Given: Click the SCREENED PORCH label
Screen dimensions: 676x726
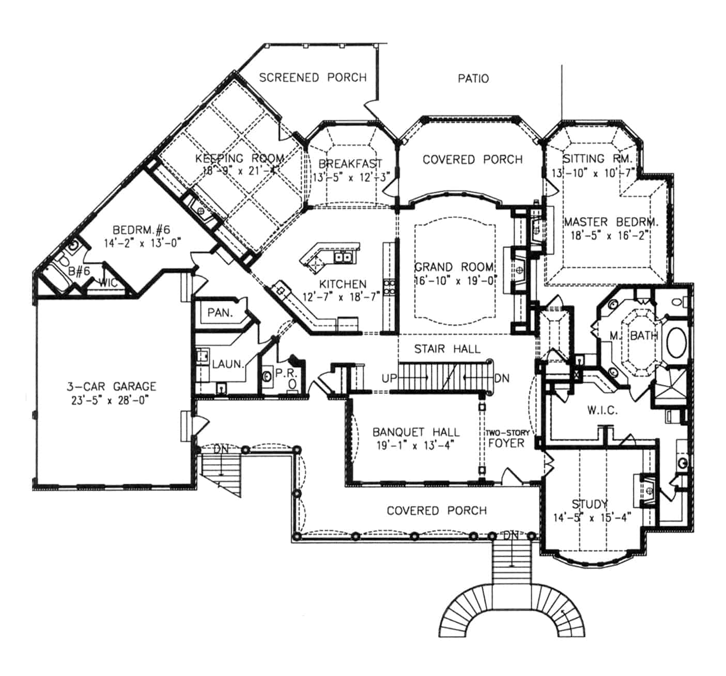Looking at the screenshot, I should pos(313,78).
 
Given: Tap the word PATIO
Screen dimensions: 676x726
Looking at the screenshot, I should pos(473,79).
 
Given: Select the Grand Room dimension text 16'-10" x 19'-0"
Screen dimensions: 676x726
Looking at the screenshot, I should pos(455,280).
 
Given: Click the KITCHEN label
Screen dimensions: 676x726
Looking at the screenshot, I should pos(343,284).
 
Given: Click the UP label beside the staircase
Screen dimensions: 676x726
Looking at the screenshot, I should pos(389,378).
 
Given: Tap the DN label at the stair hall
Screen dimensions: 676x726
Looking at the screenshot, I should pos(501,378).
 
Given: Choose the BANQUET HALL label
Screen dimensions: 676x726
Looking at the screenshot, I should pos(416,432).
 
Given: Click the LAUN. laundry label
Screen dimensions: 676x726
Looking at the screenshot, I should pos(227,364).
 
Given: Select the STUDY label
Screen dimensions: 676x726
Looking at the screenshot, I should pos(590,504).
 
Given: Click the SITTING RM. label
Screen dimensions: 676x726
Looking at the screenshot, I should pos(594,159).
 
